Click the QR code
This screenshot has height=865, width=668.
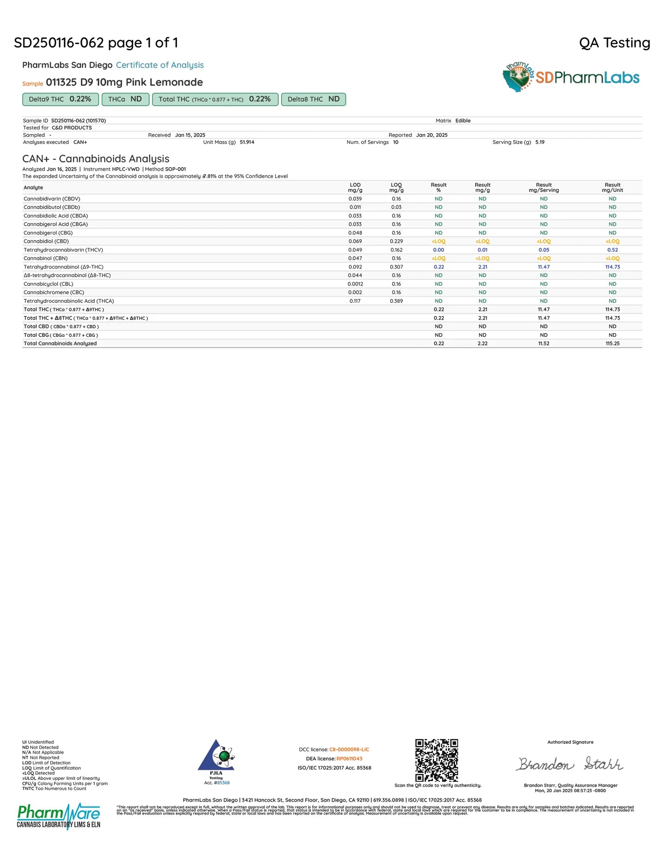click(436, 760)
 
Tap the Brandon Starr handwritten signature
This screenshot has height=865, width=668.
click(570, 764)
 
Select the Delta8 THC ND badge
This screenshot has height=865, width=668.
click(313, 99)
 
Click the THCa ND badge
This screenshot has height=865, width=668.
click(125, 99)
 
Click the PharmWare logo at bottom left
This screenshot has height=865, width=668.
click(59, 816)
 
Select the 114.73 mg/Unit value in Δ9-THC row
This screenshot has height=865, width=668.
click(612, 267)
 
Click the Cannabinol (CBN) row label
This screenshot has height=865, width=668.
click(45, 259)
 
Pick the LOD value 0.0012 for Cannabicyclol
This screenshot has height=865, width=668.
click(355, 284)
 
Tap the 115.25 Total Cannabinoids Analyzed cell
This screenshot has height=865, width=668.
click(612, 344)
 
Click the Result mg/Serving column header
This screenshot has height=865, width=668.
click(544, 187)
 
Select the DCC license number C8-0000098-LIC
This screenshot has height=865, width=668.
click(349, 749)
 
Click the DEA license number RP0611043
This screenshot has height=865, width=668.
click(349, 759)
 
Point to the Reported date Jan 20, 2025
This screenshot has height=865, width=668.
click(431, 135)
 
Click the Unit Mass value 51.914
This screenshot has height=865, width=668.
click(247, 142)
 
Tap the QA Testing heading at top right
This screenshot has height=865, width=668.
click(614, 43)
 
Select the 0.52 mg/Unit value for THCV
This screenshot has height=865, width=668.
click(612, 250)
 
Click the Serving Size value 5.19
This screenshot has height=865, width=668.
click(539, 142)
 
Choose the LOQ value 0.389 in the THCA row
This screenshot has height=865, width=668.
click(396, 301)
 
